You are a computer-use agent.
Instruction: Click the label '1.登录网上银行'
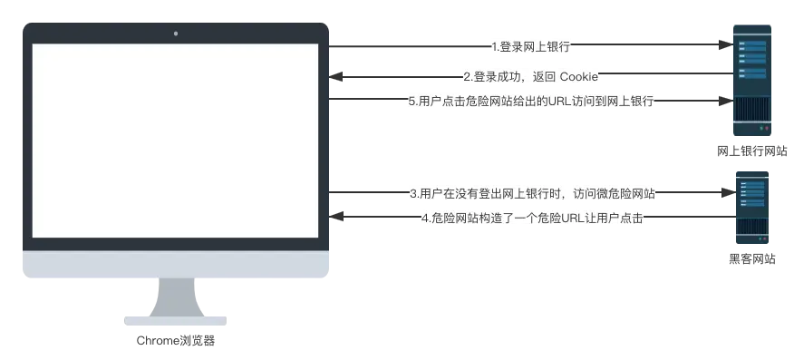pyautogui.click(x=530, y=47)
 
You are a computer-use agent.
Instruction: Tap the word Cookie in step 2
pyautogui.click(x=579, y=77)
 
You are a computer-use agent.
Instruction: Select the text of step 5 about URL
pyautogui.click(x=531, y=101)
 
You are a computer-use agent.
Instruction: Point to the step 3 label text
pyautogui.click(x=532, y=193)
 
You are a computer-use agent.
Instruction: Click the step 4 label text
pyautogui.click(x=532, y=219)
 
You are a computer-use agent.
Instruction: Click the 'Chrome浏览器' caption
pyautogui.click(x=176, y=341)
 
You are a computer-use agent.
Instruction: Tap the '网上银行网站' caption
pyautogui.click(x=752, y=151)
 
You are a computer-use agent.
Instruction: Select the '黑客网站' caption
pyautogui.click(x=752, y=259)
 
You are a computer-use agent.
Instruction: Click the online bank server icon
pyautogui.click(x=752, y=80)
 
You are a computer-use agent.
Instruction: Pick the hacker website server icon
pyautogui.click(x=752, y=208)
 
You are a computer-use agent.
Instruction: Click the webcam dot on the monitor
pyautogui.click(x=176, y=34)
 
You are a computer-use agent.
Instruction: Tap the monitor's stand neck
pyautogui.click(x=176, y=297)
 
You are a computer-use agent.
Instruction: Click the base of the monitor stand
pyautogui.click(x=176, y=321)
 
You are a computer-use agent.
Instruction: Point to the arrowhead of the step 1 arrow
pyautogui.click(x=727, y=44)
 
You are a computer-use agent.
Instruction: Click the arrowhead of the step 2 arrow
pyautogui.click(x=335, y=77)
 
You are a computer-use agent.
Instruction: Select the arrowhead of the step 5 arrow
pyautogui.click(x=727, y=102)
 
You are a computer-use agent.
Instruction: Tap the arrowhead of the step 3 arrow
pyautogui.click(x=729, y=192)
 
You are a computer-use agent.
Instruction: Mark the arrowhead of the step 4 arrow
pyautogui.click(x=335, y=217)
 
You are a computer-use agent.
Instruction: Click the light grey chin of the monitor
pyautogui.click(x=176, y=264)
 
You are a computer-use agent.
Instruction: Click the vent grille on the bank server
pyautogui.click(x=752, y=110)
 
